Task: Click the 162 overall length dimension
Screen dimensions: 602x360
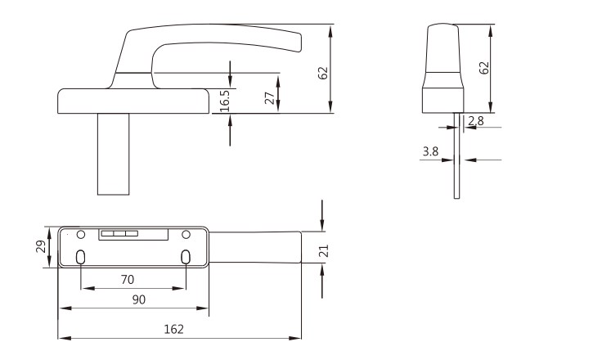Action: point(174,329)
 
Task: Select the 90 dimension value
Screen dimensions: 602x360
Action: point(139,299)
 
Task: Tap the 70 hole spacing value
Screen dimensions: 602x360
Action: point(128,280)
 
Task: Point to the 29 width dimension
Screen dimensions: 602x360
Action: point(41,246)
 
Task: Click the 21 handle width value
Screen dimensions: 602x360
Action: point(325,251)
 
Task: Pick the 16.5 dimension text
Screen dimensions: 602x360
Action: point(225,101)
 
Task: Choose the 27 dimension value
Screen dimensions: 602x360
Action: point(270,98)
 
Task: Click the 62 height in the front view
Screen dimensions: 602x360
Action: point(324,73)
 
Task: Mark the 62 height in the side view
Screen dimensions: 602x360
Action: point(484,68)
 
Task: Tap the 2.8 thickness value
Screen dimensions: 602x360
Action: point(476,121)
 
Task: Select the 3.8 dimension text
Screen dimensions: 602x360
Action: point(430,151)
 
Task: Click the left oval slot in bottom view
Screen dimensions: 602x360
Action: point(80,257)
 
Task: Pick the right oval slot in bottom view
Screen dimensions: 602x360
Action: point(186,257)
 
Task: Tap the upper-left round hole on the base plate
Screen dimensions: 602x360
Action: point(81,234)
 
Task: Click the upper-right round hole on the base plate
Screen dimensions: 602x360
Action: point(186,234)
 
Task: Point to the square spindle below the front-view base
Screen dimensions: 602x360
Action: point(113,154)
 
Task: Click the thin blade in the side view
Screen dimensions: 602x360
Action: point(456,155)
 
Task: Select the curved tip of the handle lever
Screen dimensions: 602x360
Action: point(298,43)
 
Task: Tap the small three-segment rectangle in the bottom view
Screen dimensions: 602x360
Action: point(119,234)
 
